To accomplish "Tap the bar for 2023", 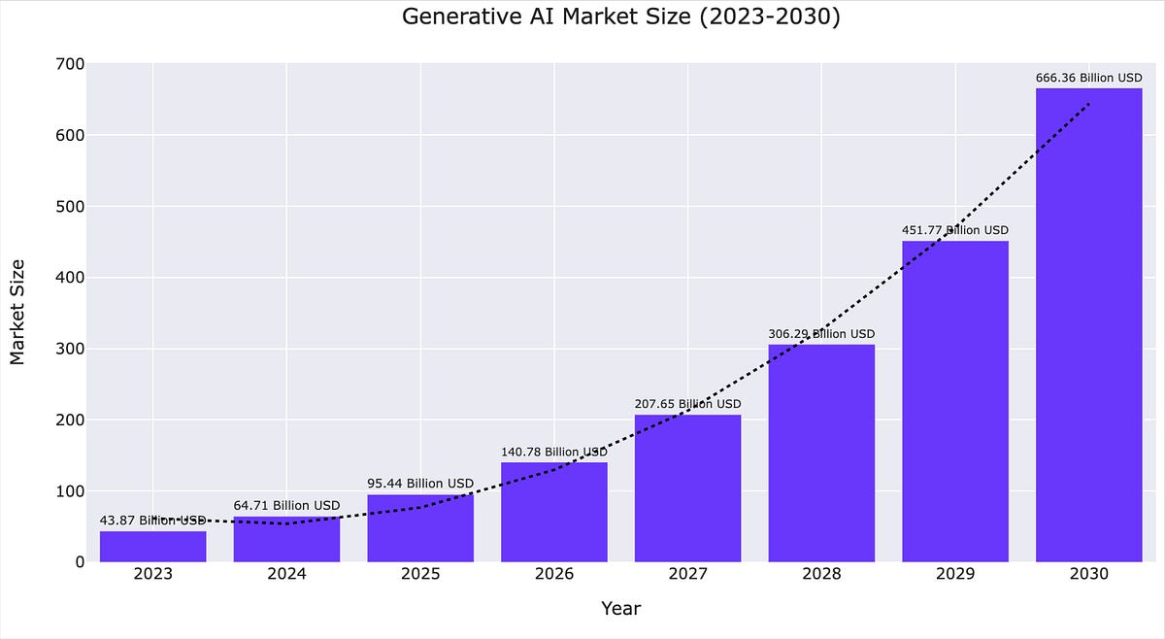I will coord(153,547).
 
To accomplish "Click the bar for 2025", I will coord(420,528).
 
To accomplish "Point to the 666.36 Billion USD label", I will coord(1088,78).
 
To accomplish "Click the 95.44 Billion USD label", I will coord(420,484).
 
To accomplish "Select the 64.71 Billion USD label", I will coord(286,505).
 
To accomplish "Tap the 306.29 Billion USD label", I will coord(821,334).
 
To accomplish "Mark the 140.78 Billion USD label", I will coord(554,452).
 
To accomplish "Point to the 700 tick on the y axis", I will coord(72,64).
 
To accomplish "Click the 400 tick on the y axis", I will coord(72,278).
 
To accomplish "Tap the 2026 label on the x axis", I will coord(554,574).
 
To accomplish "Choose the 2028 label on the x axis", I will coord(821,574).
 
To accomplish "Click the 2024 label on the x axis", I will coord(286,574).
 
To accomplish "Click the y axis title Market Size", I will coord(17,311).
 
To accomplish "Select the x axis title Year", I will coord(620,609).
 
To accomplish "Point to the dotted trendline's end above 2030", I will coord(1089,103).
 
